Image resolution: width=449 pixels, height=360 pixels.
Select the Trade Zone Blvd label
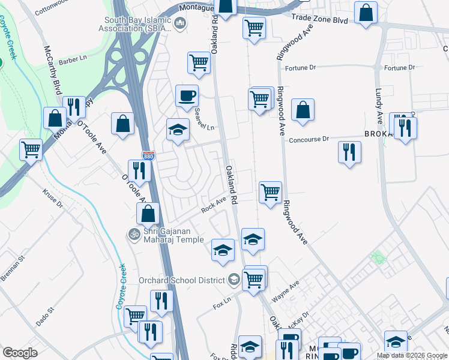click(319, 20)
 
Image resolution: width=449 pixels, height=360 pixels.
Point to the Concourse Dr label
click(309, 139)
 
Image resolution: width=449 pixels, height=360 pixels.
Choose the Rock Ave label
click(212, 207)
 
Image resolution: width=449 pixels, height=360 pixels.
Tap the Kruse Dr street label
click(52, 198)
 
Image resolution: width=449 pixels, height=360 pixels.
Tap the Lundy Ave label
click(379, 98)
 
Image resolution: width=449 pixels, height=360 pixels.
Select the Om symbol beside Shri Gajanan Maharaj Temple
click(134, 233)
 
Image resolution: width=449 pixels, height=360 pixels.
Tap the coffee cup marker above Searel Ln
click(187, 95)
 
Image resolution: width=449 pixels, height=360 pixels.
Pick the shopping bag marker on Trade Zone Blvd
click(366, 13)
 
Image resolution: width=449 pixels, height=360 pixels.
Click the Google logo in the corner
click(20, 352)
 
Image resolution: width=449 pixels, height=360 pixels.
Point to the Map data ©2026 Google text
click(412, 355)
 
